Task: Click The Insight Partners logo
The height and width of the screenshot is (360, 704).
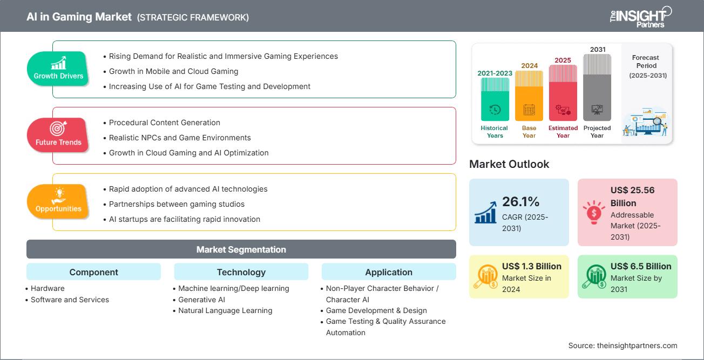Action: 640,17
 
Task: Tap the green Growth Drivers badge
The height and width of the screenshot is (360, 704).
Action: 58,68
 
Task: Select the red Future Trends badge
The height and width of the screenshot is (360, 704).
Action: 58,135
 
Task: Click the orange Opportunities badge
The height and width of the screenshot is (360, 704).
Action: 58,201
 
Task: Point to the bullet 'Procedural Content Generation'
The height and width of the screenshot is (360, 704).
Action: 164,123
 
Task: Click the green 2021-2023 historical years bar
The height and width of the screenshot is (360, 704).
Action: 495,99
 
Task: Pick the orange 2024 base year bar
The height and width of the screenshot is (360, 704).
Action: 529,96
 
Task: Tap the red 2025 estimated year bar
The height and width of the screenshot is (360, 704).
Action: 563,93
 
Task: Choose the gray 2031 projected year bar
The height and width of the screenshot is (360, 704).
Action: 597,87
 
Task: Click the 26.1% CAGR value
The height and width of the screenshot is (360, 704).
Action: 520,202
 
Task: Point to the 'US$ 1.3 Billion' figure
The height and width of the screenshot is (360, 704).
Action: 531,266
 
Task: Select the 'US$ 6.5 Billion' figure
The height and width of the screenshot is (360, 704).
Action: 641,266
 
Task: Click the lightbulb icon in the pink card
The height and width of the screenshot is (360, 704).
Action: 594,212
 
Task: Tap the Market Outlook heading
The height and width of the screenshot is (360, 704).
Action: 509,164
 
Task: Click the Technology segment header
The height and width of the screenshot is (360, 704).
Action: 241,271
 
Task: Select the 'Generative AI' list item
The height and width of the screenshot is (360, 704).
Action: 201,300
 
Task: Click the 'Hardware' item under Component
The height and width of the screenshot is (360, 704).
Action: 48,288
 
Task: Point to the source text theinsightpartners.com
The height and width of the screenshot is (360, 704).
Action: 637,345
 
